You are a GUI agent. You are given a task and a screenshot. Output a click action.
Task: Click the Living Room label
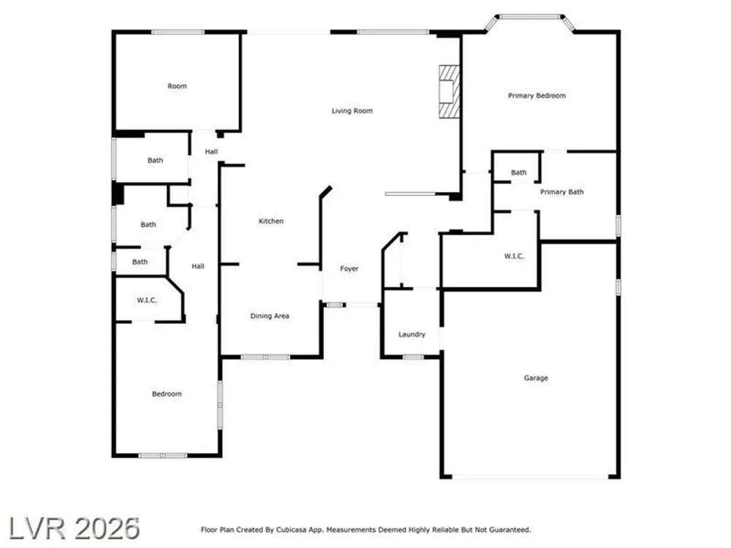352,111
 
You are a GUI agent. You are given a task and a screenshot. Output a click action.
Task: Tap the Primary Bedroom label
537,96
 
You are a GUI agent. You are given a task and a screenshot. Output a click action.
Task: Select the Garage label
536,378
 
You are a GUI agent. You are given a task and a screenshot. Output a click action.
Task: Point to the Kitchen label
271,221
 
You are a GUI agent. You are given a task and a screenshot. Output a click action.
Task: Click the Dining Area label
270,316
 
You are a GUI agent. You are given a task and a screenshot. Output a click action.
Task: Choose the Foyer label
349,268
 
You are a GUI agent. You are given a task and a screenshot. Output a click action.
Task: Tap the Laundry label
412,335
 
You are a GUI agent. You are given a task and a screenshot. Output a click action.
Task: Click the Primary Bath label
561,192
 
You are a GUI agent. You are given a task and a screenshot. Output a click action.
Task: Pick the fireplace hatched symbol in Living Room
450,91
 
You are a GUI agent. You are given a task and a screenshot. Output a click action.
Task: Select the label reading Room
177,86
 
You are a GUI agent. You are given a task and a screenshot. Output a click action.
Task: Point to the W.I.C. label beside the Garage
514,256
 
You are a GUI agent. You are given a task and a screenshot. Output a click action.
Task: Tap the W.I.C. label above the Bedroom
147,300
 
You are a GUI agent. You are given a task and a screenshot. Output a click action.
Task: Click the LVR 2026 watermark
75,529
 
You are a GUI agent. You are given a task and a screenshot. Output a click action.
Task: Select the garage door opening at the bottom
530,476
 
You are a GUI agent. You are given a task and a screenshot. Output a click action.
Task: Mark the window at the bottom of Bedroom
163,455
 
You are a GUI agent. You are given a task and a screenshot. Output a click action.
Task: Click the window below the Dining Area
266,357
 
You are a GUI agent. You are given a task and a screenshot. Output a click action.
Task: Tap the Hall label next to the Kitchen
211,151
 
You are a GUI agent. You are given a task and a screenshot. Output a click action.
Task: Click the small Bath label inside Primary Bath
518,172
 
